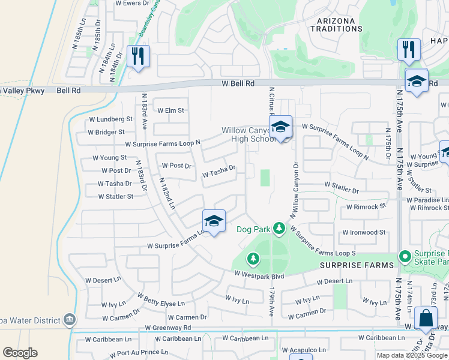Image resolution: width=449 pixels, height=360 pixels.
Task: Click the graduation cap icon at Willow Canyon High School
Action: pos(280,127)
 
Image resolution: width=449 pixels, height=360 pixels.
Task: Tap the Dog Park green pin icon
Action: pos(279,228)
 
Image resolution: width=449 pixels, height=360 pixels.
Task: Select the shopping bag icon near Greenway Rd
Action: pos(426,318)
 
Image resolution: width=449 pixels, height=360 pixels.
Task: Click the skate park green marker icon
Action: pos(405,257)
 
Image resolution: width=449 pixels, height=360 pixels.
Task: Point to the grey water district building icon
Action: pos(70,319)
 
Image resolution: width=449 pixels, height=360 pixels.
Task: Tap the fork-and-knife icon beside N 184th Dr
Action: pos(138,56)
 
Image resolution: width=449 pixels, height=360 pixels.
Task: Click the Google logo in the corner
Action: pos(20,353)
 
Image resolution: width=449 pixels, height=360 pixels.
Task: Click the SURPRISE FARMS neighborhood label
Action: pos(357,265)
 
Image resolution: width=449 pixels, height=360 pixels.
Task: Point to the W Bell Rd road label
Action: pos(238,84)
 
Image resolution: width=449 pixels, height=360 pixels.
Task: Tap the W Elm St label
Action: pos(170,110)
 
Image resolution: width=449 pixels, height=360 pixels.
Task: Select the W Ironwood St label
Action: pos(364,232)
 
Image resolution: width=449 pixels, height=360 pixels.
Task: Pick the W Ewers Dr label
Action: pos(131,3)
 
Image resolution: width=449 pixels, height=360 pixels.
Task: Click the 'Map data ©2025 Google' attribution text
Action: pos(412,355)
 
